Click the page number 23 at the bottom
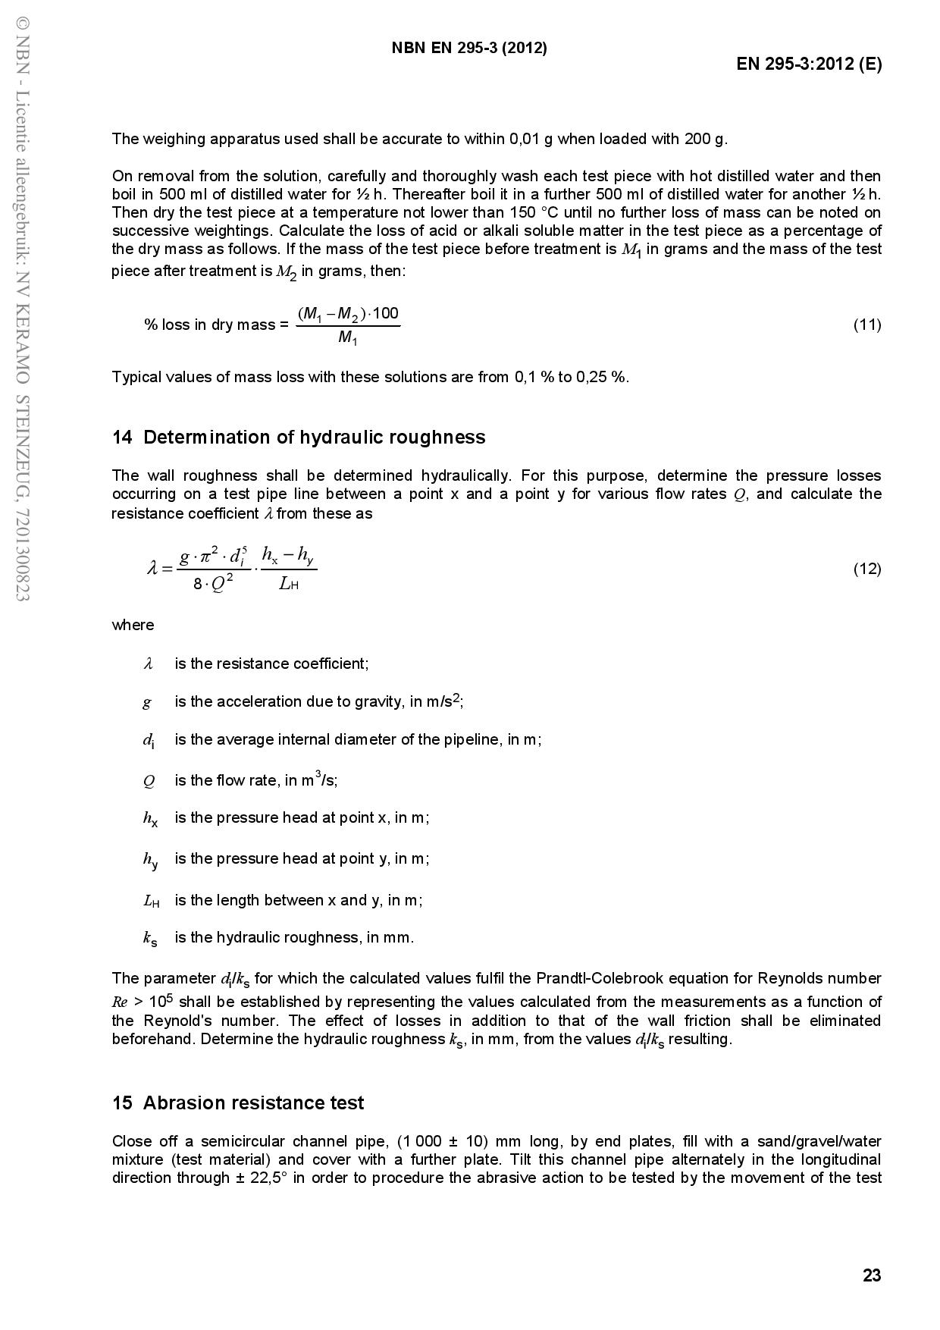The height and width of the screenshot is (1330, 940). click(872, 1275)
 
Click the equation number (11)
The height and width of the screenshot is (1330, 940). click(867, 325)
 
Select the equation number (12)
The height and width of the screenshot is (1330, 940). click(867, 569)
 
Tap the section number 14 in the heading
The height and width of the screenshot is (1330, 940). click(122, 438)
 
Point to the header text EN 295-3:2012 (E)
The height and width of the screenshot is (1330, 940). click(809, 64)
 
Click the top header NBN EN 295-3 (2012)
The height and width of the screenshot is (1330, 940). click(469, 48)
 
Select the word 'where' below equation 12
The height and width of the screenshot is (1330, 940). click(133, 626)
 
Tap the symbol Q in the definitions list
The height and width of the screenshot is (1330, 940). click(149, 781)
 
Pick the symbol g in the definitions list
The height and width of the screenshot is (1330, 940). click(147, 702)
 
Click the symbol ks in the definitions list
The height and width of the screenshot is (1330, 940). click(150, 939)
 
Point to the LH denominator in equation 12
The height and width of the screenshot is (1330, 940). click(288, 584)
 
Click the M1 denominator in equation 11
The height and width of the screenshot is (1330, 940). click(347, 337)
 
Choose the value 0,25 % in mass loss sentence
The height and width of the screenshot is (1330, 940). click(603, 377)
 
